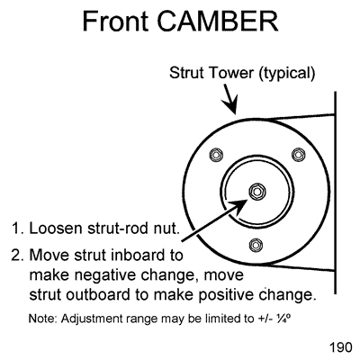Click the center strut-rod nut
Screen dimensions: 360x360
(x=258, y=192)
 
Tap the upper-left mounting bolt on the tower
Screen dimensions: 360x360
(x=213, y=156)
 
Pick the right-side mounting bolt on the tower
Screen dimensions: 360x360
(x=303, y=156)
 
